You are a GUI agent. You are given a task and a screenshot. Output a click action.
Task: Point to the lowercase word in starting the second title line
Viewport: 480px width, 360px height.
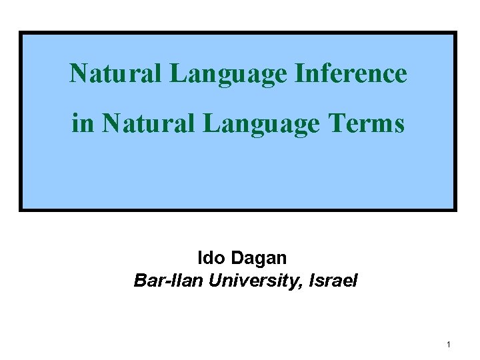tap(83, 123)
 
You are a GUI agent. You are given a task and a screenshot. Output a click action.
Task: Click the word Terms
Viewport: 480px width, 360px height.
tap(366, 123)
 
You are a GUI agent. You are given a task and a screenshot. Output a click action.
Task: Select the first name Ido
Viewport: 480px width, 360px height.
tap(211, 257)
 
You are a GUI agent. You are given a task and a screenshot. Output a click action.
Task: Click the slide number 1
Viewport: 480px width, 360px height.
tap(449, 344)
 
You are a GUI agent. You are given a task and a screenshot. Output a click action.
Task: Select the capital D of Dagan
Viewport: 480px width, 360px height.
tap(237, 257)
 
